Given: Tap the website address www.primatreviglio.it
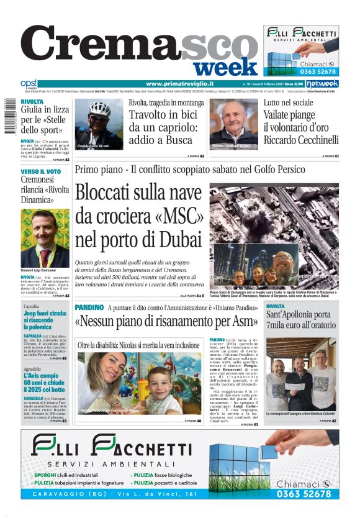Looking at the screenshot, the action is coord(179,83).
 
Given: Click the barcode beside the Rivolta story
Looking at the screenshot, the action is coord(7,117).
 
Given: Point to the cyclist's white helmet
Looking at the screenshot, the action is coord(99,109).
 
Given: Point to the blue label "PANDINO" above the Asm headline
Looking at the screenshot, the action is coord(89,307).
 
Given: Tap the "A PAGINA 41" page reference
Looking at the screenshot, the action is coord(330,156).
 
